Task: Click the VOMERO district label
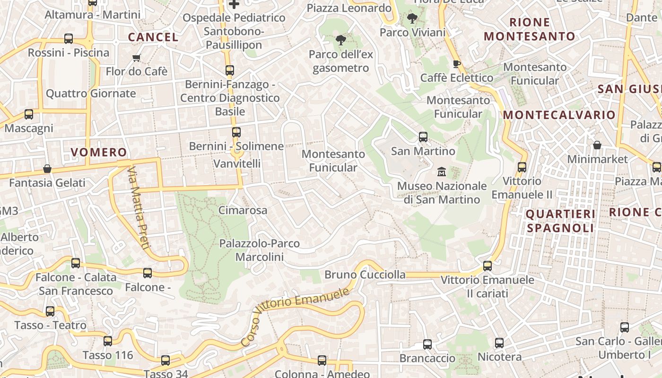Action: click(99, 152)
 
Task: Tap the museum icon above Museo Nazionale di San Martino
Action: click(442, 171)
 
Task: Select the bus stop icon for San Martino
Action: click(423, 137)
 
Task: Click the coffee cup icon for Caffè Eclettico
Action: click(456, 64)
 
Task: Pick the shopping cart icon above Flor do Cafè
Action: click(137, 58)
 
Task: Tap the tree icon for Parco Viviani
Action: click(412, 19)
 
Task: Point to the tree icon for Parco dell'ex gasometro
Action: click(340, 40)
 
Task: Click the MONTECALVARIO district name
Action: click(559, 115)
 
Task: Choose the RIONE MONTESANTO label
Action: click(529, 29)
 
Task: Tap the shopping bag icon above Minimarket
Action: click(597, 145)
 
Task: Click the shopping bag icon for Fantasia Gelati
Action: click(47, 169)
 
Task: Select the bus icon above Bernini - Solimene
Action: click(236, 132)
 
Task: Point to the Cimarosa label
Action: click(243, 210)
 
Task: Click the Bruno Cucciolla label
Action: click(365, 275)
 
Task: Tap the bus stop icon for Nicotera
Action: click(499, 343)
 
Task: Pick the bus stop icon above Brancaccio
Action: click(427, 344)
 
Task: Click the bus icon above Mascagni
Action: click(29, 114)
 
